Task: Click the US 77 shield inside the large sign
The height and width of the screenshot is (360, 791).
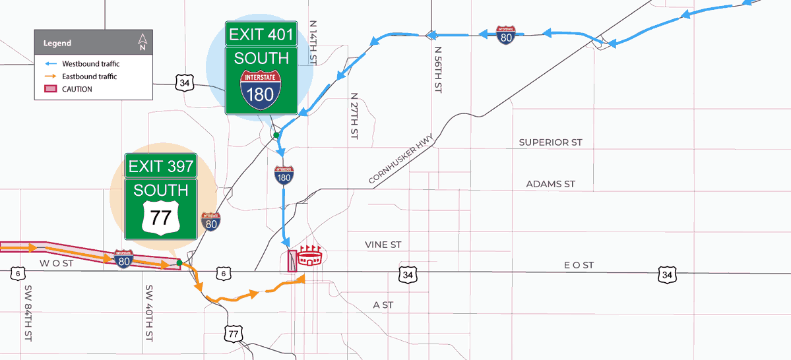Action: (x=161, y=216)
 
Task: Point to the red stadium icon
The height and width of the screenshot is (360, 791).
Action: (x=309, y=256)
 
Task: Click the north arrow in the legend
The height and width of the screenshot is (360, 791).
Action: (x=142, y=42)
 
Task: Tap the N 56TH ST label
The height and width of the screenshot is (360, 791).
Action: (x=437, y=69)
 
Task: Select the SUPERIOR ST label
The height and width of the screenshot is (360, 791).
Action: (x=550, y=142)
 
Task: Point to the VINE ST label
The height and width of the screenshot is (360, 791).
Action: (x=383, y=245)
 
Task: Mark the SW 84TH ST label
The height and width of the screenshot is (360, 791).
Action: (x=28, y=313)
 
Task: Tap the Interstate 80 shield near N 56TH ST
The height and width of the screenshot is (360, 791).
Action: (x=506, y=35)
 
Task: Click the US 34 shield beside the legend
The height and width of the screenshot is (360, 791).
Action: (x=185, y=82)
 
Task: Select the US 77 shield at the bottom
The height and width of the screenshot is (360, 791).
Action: (x=232, y=334)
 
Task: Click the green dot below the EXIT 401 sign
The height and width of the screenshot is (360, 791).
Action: (x=277, y=135)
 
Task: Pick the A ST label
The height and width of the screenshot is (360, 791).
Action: (x=383, y=305)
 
